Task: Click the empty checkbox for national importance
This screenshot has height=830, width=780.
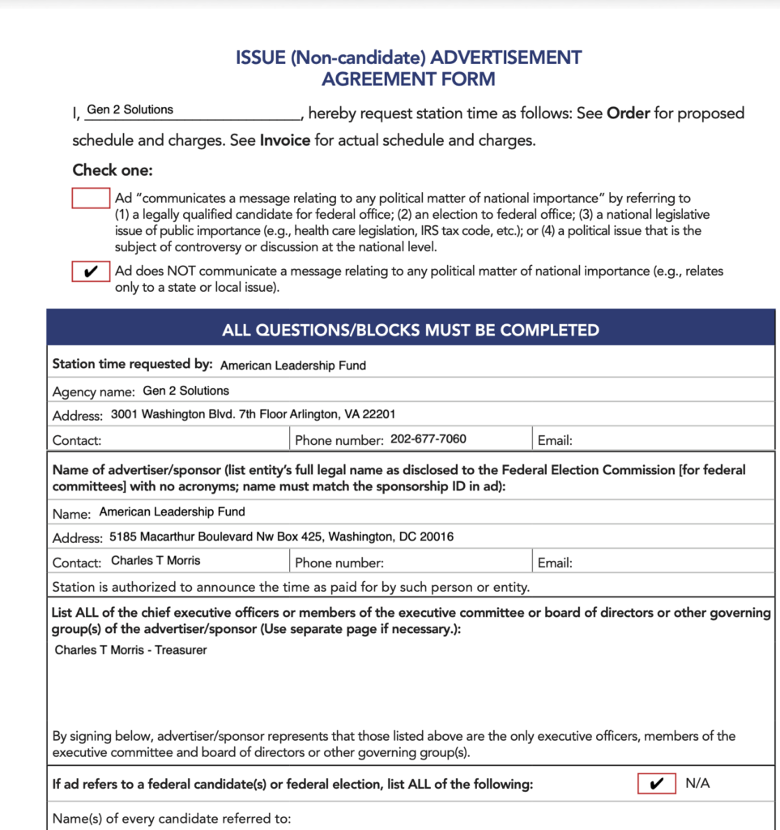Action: click(x=91, y=198)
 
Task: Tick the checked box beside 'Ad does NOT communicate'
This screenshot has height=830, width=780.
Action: click(x=91, y=272)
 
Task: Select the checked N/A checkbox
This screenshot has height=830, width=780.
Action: click(x=656, y=784)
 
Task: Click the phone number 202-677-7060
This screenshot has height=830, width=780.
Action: click(x=428, y=439)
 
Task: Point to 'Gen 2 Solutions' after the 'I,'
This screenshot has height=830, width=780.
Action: click(x=130, y=109)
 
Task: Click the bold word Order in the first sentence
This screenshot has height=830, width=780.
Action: click(x=629, y=113)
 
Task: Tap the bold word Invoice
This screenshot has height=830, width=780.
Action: click(x=285, y=140)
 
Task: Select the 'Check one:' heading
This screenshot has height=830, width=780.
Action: click(x=113, y=170)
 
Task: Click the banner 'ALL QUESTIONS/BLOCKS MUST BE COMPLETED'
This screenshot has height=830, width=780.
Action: click(x=411, y=330)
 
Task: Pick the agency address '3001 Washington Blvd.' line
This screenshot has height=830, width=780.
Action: click(x=253, y=414)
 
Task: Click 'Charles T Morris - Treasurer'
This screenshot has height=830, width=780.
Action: click(x=130, y=650)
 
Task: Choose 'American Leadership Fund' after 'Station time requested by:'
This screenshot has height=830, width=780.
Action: click(x=293, y=366)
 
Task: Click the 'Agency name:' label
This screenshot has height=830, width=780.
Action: click(x=93, y=391)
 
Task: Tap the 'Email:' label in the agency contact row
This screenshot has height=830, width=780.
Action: click(x=555, y=441)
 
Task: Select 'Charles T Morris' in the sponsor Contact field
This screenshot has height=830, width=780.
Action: click(x=156, y=561)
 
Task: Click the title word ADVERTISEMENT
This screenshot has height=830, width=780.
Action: click(x=506, y=58)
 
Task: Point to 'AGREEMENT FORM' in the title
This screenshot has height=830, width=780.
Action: click(x=408, y=79)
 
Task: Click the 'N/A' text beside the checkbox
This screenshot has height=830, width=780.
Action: click(x=697, y=784)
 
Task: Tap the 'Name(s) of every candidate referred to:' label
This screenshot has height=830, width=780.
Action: click(x=171, y=818)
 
